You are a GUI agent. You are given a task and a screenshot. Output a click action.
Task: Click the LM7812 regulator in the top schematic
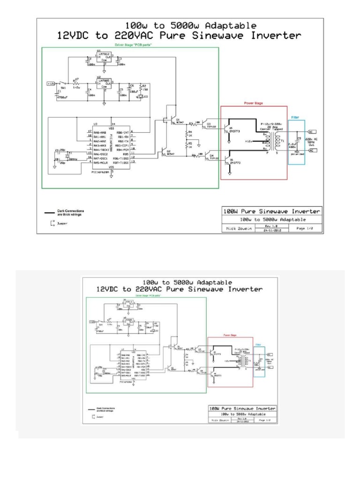tap(105, 57)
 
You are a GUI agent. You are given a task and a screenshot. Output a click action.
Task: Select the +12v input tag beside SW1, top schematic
tap(51, 83)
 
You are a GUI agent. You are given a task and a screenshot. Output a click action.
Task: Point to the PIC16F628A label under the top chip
tap(101, 172)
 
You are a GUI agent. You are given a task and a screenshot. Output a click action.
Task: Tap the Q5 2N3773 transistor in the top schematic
tap(228, 128)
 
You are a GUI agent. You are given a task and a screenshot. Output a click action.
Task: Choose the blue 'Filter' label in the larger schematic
tap(295, 118)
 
